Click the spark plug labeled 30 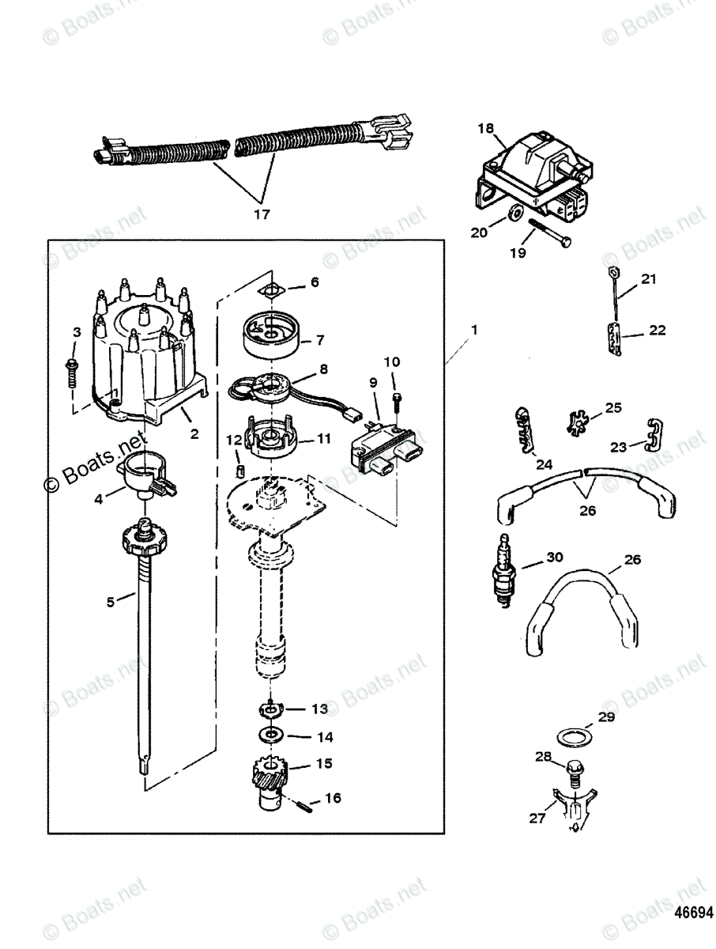[503, 572]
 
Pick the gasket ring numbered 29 [571, 735]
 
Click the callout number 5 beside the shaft [111, 602]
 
